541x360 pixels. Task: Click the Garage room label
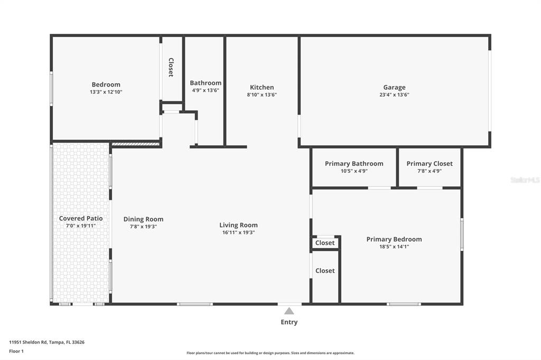(x=394, y=88)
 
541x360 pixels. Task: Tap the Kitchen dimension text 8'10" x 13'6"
(x=262, y=95)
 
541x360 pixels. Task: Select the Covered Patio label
(x=81, y=219)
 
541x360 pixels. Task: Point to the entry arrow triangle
(x=289, y=311)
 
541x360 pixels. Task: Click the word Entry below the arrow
(x=289, y=322)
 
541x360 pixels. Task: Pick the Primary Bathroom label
(x=354, y=164)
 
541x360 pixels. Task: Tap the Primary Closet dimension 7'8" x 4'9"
(x=429, y=171)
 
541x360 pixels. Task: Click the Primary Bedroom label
(x=394, y=239)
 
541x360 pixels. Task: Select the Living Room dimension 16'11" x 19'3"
(x=238, y=232)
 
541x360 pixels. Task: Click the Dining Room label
(x=143, y=219)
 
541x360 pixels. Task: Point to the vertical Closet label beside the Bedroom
(x=171, y=68)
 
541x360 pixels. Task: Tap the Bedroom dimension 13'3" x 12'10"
(x=106, y=92)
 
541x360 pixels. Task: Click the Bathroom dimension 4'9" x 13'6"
(x=206, y=90)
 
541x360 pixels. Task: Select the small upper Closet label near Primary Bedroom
(x=325, y=243)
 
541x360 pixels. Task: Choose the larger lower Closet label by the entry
(x=325, y=271)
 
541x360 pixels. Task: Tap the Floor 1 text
(x=16, y=351)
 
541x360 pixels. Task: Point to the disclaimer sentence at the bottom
(x=270, y=353)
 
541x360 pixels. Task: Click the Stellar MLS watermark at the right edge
(x=525, y=180)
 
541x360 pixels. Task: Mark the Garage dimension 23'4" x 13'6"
(x=394, y=95)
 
